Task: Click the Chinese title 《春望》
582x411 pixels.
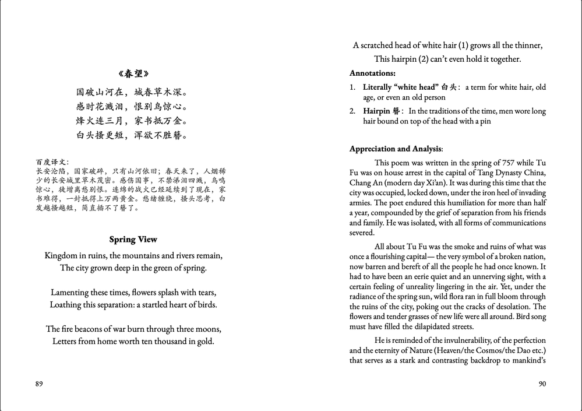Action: point(133,73)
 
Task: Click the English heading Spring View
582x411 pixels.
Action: point(133,240)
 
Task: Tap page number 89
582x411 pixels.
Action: point(39,384)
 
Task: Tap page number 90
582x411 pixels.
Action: point(541,384)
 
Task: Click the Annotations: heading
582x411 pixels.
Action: point(372,73)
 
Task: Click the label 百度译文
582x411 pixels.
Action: point(51,162)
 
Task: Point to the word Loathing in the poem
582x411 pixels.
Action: point(68,305)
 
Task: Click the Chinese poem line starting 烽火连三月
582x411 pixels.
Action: point(133,121)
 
